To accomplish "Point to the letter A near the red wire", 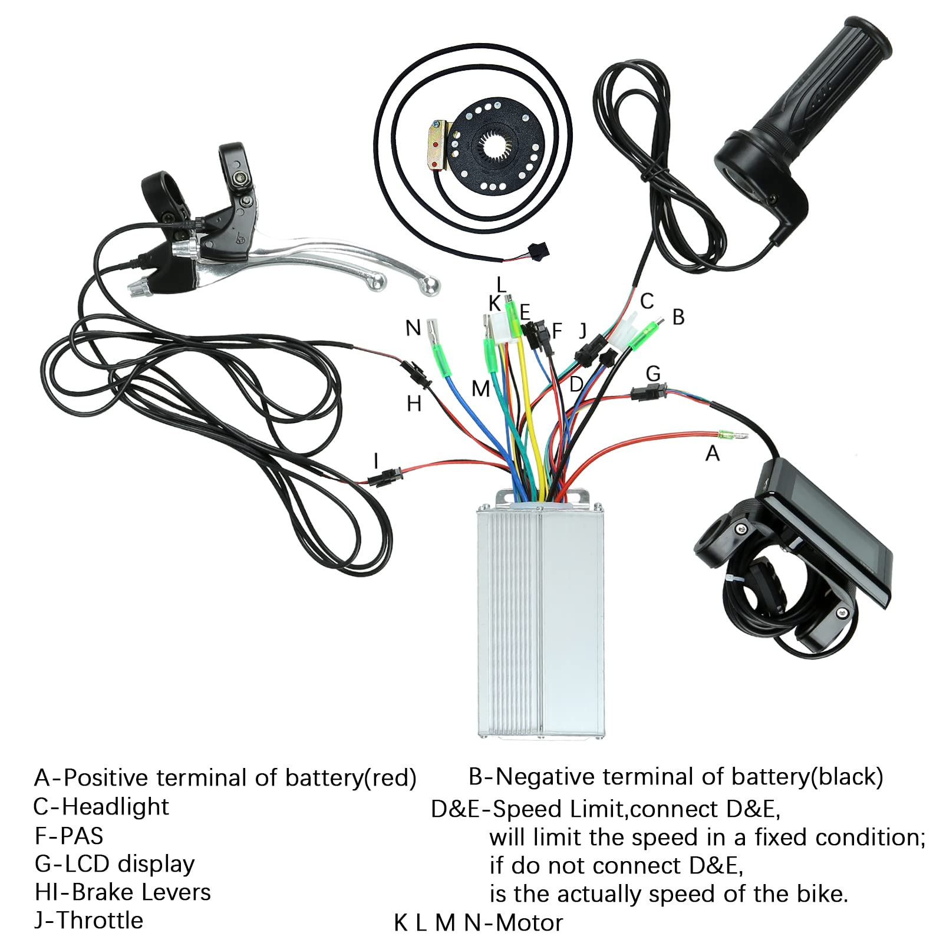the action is (713, 453).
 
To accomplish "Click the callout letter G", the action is (653, 374).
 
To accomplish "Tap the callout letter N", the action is (413, 328).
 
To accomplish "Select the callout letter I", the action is (376, 461).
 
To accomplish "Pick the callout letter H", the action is (414, 404).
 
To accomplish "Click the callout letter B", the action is (678, 317).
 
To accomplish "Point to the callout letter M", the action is (481, 388).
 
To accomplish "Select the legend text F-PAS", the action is (69, 835).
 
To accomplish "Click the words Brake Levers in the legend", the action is (141, 892).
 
